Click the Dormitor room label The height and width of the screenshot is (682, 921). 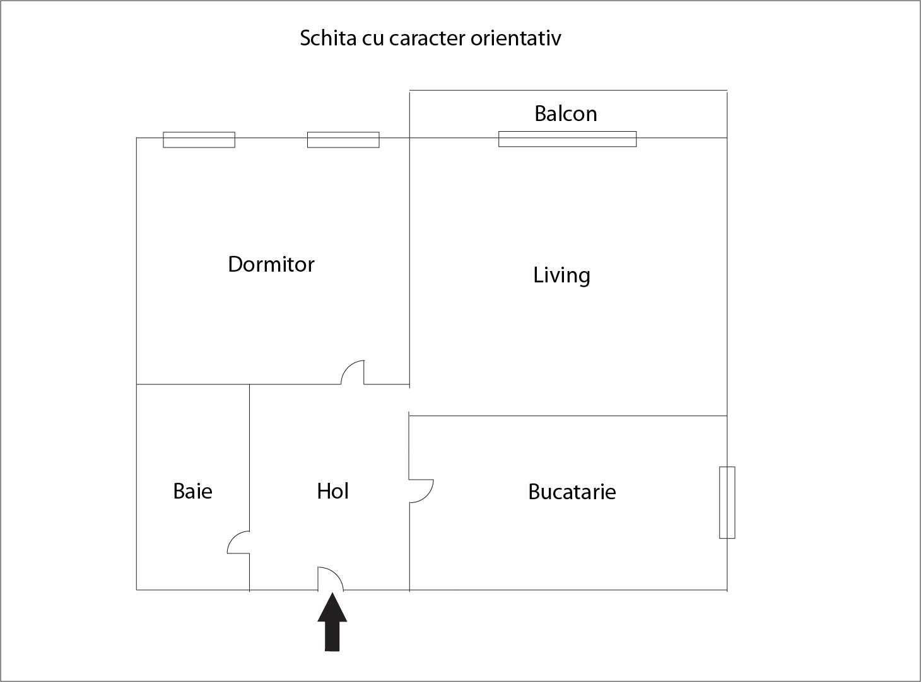[x=271, y=264]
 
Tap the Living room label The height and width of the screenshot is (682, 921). [x=561, y=275]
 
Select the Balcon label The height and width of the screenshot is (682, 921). [x=566, y=113]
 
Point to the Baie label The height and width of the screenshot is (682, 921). [x=192, y=491]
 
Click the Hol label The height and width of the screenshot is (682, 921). [x=332, y=491]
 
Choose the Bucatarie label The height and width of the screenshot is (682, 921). [x=572, y=492]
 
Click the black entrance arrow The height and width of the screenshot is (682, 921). [x=332, y=622]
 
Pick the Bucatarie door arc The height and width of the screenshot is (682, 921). [x=430, y=495]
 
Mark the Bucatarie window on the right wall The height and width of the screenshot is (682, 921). [x=727, y=502]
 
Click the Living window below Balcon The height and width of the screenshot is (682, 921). [x=567, y=139]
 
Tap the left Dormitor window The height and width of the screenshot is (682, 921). [x=199, y=140]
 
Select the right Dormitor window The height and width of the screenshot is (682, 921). [x=343, y=140]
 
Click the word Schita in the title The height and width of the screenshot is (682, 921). [x=328, y=38]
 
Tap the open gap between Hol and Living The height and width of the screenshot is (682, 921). [x=409, y=400]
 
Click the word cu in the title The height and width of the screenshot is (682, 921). [x=372, y=40]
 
